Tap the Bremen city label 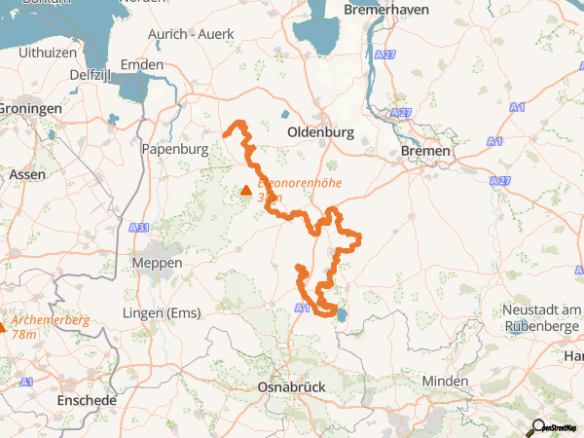pos(426,152)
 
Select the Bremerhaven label pos(385,10)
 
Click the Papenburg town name pos(174,150)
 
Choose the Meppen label pos(158,264)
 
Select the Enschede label pos(87,400)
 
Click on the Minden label pos(447,382)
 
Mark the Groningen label pos(30,109)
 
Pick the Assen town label pos(25,175)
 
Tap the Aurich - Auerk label pos(191,34)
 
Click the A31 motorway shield pos(139,227)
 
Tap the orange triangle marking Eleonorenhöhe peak pos(246,190)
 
